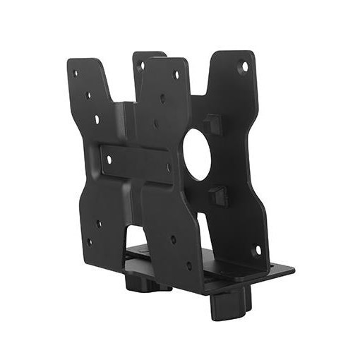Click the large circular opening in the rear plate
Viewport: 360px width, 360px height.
point(197,153)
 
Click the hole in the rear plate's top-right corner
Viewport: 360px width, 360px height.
point(244,67)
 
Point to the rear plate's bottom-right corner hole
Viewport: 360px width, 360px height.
point(257,250)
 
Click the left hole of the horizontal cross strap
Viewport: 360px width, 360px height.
point(109,159)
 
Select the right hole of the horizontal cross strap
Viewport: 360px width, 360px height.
point(168,168)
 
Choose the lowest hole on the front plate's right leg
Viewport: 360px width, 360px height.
point(188,265)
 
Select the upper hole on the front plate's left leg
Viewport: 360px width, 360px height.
point(98,223)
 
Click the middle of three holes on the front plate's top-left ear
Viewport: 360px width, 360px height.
point(89,95)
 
